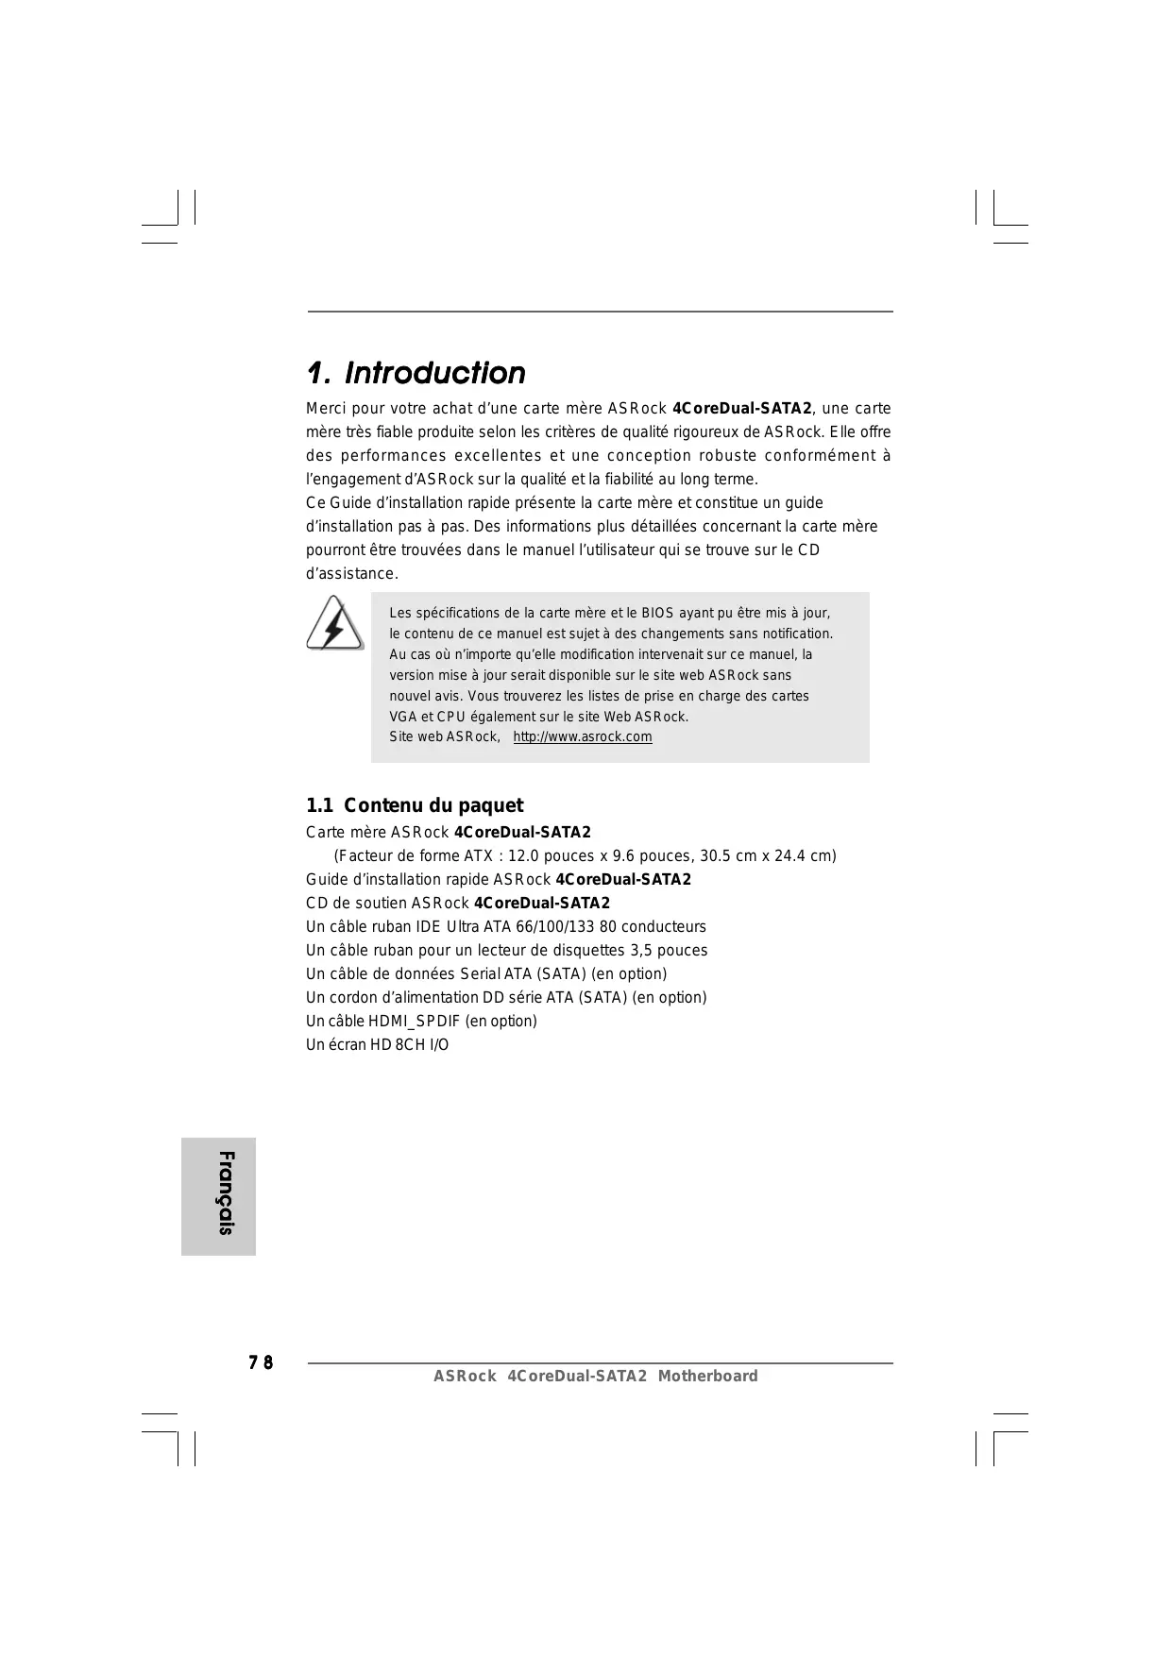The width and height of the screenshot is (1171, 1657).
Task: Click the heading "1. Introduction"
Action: click(x=416, y=373)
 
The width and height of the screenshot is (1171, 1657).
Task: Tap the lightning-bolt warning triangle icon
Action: click(x=334, y=623)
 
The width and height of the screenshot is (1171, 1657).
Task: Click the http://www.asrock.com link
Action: click(x=582, y=736)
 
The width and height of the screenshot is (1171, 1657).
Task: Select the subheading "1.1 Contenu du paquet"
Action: click(x=414, y=805)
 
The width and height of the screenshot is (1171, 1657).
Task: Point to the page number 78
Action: click(x=261, y=1362)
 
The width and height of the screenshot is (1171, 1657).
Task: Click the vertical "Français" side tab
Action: click(x=219, y=1195)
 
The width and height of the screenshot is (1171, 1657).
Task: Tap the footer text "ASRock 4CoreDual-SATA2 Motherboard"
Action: click(x=595, y=1376)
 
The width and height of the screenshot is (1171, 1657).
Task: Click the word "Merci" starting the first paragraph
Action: click(x=326, y=409)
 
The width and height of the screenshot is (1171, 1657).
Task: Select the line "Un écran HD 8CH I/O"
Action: click(x=377, y=1044)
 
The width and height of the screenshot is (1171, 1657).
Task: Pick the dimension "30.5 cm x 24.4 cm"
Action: click(x=767, y=855)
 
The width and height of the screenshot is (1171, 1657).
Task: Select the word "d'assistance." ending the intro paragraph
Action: click(x=351, y=574)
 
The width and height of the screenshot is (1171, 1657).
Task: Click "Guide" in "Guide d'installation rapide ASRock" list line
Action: click(x=326, y=879)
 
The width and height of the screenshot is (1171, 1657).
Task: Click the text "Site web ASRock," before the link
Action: click(x=444, y=736)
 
